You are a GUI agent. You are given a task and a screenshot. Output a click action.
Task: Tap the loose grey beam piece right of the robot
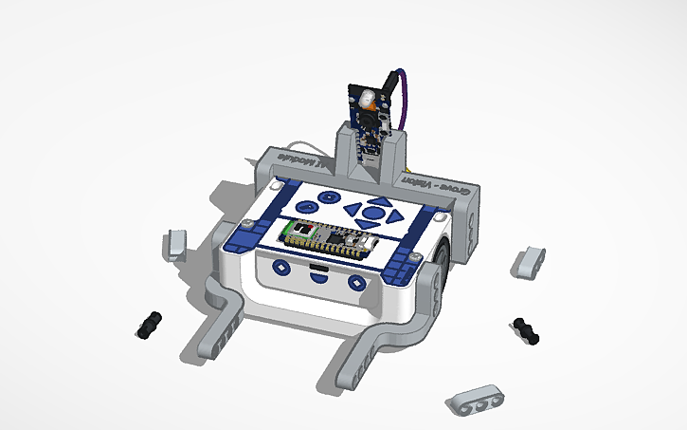point(528,261)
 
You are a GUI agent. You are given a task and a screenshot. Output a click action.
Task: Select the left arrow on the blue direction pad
point(353,211)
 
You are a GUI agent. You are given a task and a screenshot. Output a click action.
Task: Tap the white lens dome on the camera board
point(366,99)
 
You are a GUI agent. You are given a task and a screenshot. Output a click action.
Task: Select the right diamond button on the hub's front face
point(356,282)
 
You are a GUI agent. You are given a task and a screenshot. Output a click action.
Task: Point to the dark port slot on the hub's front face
point(317,275)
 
